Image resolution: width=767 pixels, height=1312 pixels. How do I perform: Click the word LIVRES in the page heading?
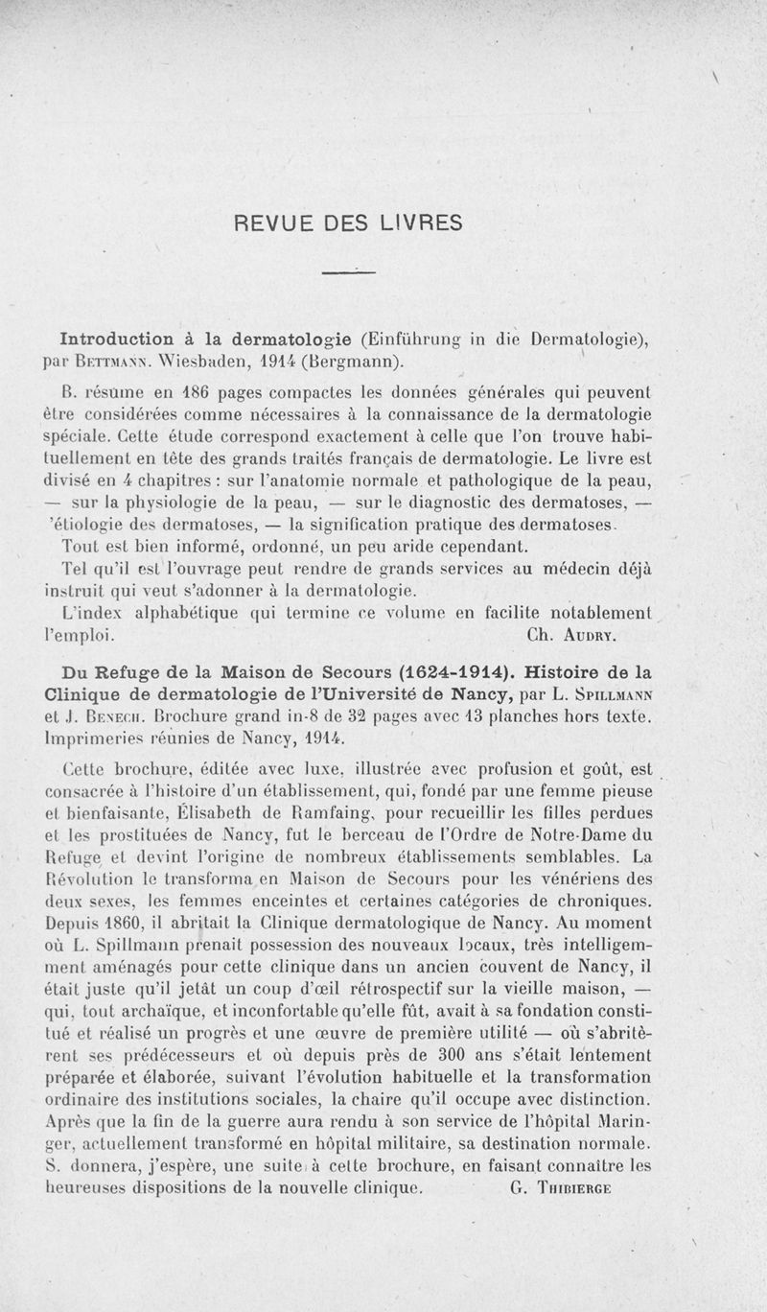click(x=422, y=223)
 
